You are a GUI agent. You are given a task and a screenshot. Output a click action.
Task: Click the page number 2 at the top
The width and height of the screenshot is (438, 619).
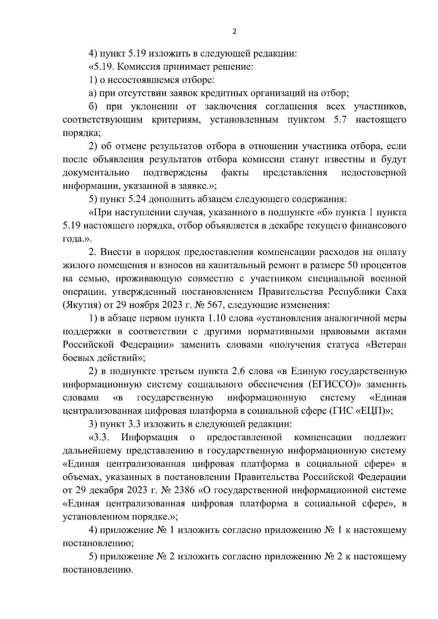tap(234, 32)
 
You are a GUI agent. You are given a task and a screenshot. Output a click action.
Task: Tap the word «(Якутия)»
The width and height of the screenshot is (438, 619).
tap(79, 305)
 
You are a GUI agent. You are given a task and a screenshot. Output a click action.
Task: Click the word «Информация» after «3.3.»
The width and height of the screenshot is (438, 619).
tap(150, 437)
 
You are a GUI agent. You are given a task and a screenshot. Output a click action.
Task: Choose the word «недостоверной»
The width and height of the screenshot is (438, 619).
tap(373, 173)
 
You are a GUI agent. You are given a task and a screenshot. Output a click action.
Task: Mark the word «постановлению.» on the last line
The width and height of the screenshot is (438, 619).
tap(97, 570)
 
